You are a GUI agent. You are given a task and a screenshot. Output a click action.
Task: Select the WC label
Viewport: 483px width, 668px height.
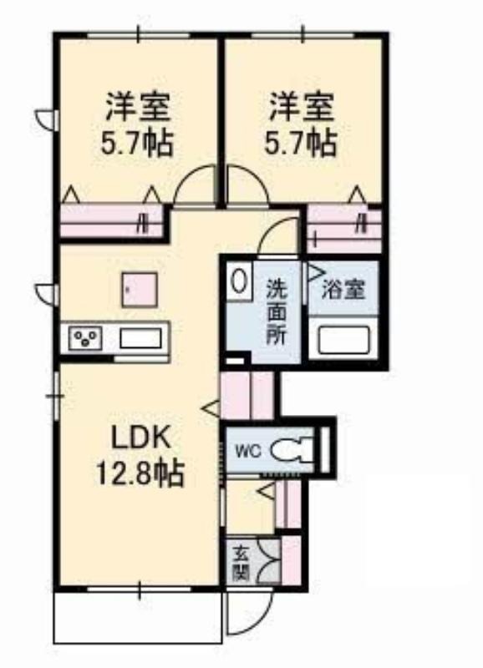(247, 451)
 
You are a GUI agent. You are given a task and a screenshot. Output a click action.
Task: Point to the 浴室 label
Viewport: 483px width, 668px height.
(343, 290)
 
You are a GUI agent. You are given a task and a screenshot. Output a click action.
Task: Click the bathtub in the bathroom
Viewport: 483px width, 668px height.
(343, 339)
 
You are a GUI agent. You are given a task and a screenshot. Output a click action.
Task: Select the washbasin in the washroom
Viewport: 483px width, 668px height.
(239, 281)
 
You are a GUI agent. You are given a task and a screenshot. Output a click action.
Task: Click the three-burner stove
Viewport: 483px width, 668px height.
(85, 338)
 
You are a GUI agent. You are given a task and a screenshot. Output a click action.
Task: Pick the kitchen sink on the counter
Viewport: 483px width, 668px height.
(140, 339)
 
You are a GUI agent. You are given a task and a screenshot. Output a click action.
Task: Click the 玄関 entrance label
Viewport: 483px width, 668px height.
(241, 563)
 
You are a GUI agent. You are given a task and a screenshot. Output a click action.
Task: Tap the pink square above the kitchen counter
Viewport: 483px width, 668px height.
(140, 290)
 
